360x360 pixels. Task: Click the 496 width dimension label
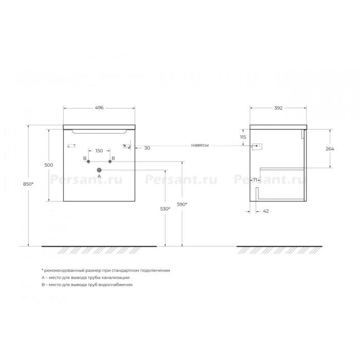tap(99, 107)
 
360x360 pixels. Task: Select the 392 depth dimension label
tap(278, 108)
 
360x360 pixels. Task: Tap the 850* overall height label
tap(28, 184)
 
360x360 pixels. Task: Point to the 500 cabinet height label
tap(49, 165)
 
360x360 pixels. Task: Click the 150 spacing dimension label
tap(99, 151)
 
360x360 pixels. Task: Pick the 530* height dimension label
tap(165, 209)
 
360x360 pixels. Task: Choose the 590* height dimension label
tap(182, 204)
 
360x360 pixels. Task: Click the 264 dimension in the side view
tap(330, 149)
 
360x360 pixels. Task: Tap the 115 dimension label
tap(243, 137)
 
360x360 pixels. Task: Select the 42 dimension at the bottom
tap(266, 211)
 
